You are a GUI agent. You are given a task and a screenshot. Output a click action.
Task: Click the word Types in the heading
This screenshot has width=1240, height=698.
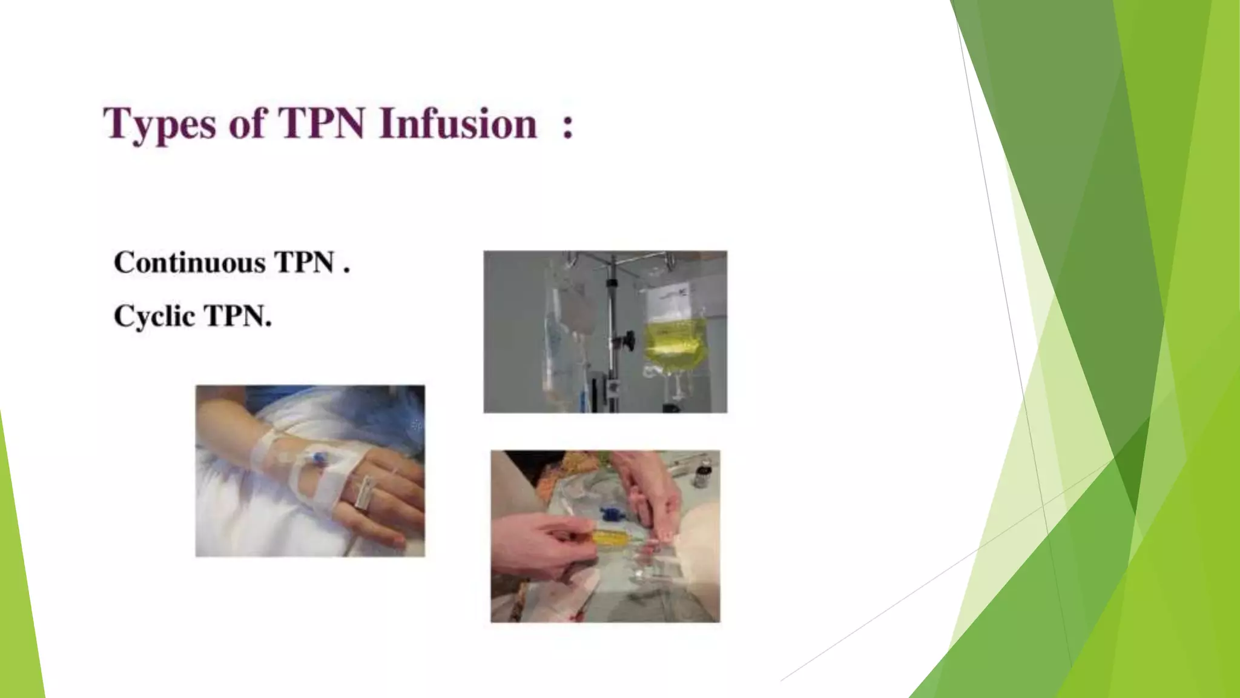(x=159, y=124)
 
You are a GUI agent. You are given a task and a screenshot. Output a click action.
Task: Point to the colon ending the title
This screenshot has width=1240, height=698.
(x=567, y=126)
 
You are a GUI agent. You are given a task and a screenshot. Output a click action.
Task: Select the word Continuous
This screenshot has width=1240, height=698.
(x=190, y=262)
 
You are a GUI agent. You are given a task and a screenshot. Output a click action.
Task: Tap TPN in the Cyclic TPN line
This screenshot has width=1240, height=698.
(x=238, y=316)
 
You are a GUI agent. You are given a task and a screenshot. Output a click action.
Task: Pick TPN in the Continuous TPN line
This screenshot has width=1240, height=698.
(x=304, y=262)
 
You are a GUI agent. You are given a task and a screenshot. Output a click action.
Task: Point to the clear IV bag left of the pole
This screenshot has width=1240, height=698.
(x=566, y=339)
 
